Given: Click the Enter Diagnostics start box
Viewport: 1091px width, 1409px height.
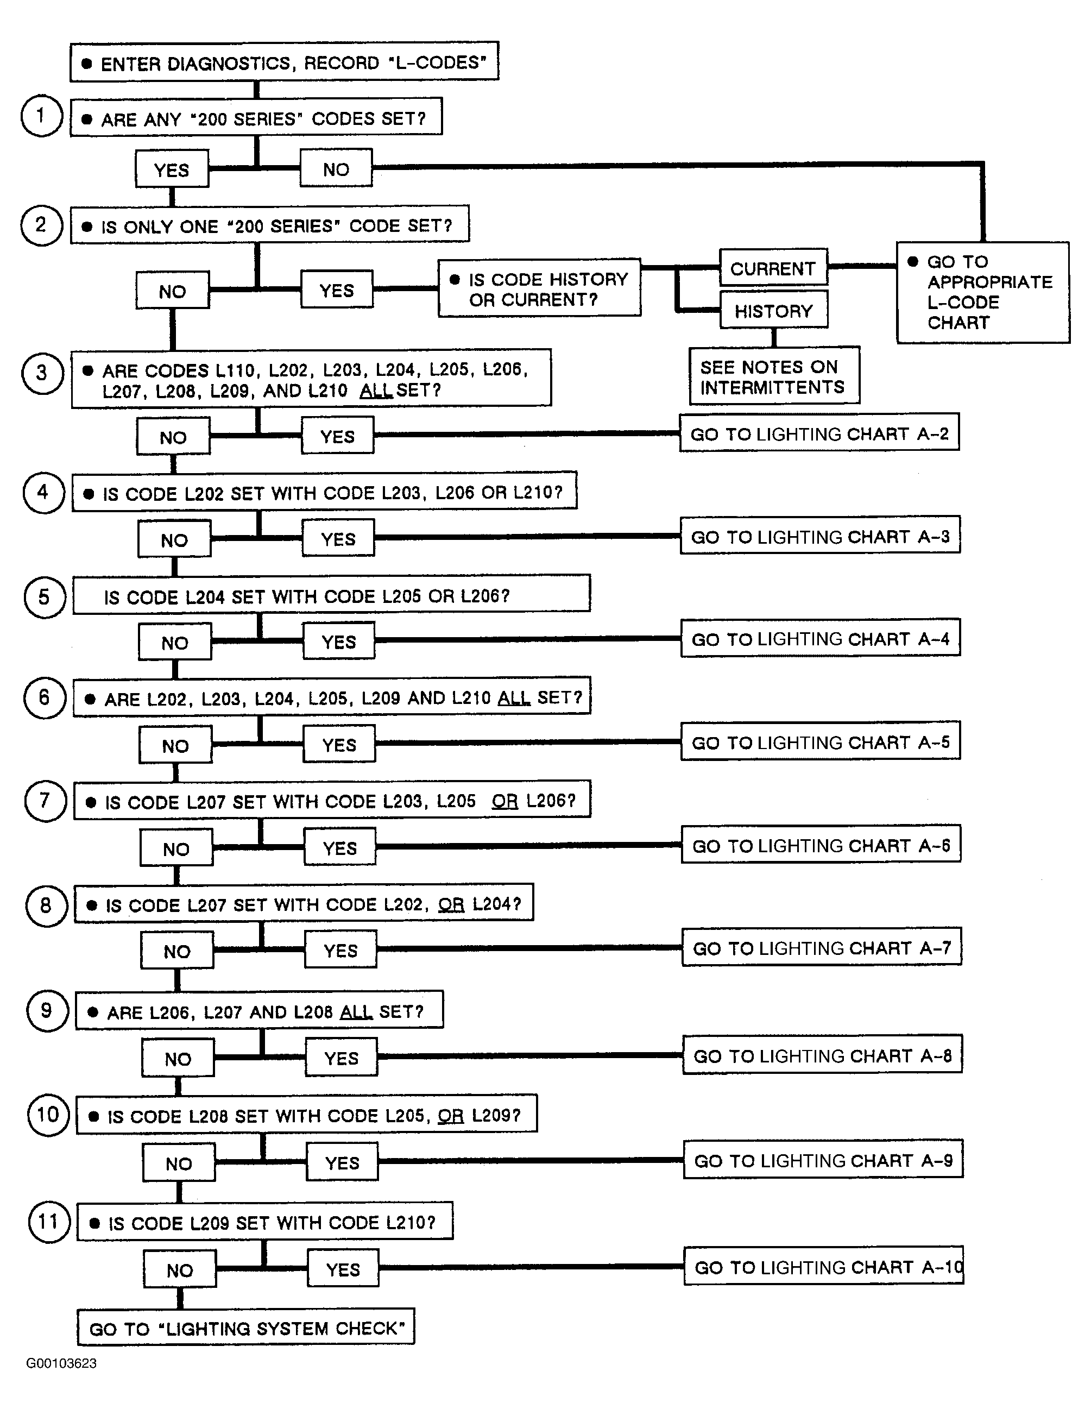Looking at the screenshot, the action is coord(284,62).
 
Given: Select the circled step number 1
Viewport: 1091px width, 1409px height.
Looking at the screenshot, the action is coord(41,116).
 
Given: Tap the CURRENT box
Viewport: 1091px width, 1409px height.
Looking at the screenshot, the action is coord(773,267).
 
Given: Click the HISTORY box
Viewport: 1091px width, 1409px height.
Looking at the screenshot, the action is coord(773,310).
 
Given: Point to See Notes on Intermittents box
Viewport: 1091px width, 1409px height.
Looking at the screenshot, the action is coord(774,376).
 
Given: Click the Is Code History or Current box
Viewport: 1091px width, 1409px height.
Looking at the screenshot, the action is coord(539,288).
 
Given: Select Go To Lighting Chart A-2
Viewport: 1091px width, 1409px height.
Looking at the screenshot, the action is coord(819,433).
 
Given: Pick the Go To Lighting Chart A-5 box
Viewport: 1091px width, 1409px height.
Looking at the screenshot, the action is coord(821,741).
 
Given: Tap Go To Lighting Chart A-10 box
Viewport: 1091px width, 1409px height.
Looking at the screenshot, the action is coord(824,1266).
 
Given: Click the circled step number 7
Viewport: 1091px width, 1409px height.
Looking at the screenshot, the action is coord(45,801).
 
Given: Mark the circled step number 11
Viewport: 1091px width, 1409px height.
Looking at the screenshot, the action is coord(49,1221).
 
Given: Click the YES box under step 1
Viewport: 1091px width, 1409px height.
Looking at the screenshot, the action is coord(172,169).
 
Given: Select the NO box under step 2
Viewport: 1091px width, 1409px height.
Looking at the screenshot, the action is coord(172,290).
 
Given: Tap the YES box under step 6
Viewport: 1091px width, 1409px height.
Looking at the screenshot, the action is coord(339,744).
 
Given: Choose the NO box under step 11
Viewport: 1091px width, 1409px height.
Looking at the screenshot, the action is coord(179,1269).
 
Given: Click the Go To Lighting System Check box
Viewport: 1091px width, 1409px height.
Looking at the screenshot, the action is coord(246,1327).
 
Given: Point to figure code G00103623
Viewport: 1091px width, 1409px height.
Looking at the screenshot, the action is coord(61,1363).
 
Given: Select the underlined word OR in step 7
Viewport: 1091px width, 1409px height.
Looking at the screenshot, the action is coord(504,801).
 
